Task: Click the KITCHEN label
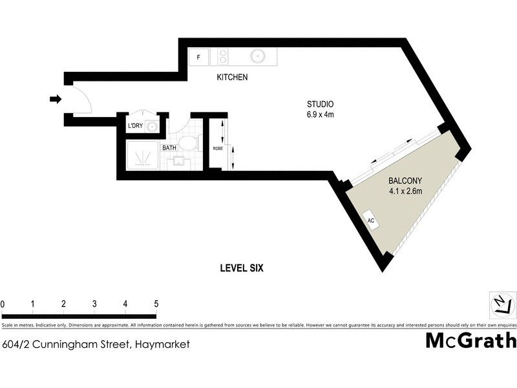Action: [232, 77]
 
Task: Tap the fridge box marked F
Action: [198, 57]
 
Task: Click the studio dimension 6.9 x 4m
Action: [320, 115]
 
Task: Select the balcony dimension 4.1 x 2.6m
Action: [405, 191]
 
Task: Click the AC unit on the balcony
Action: [372, 221]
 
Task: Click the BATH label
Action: [169, 147]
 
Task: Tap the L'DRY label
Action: [135, 125]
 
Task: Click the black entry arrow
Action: [56, 99]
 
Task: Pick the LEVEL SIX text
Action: [242, 268]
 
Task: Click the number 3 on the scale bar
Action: [94, 304]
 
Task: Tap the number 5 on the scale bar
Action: [156, 304]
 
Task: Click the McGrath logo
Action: [470, 339]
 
